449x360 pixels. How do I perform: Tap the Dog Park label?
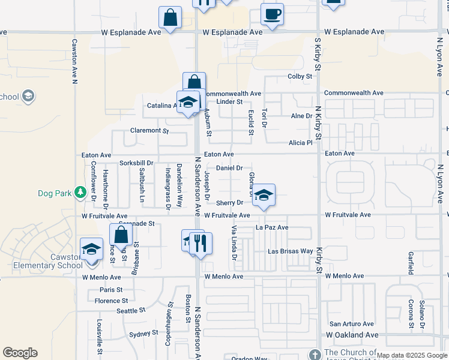click(54, 193)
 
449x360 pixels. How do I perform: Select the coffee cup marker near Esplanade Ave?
click(272, 14)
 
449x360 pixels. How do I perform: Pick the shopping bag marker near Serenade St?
click(121, 235)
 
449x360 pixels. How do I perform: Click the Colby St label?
click(300, 76)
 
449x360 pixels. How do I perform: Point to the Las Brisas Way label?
click(290, 251)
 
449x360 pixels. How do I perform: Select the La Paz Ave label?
click(272, 228)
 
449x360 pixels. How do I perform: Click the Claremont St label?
click(149, 130)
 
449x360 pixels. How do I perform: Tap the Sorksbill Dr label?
click(137, 163)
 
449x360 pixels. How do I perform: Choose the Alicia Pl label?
click(301, 143)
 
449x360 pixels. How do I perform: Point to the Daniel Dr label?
click(229, 168)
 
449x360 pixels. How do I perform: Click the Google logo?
click(20, 353)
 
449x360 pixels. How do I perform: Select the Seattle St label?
click(131, 310)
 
